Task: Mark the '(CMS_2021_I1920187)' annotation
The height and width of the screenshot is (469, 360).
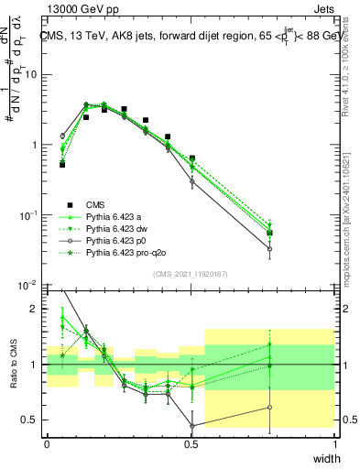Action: point(191,274)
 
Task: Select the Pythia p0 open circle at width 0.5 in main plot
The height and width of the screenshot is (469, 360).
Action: point(191,181)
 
